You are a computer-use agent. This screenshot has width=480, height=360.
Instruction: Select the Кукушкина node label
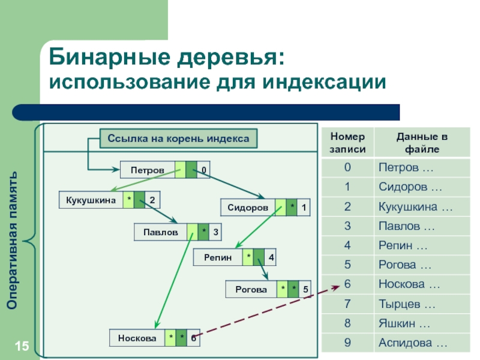91,200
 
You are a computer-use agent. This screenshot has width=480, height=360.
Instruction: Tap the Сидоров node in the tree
248,208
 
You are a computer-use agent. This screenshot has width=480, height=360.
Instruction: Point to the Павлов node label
161,232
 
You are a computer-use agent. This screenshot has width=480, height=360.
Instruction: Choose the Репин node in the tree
218,257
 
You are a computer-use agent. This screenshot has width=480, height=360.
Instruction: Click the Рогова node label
251,289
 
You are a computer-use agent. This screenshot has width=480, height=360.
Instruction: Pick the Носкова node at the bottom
137,338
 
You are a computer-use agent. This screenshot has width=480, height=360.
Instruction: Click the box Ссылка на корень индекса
178,139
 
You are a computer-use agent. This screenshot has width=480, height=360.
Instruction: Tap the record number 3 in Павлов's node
215,232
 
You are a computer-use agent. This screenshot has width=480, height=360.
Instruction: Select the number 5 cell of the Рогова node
305,289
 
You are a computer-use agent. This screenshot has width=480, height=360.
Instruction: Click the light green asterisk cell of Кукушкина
128,200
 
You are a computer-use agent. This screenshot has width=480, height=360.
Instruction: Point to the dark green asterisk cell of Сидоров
292,208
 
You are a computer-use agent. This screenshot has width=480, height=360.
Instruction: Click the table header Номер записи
347,143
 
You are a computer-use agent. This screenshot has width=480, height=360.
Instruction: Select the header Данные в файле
422,143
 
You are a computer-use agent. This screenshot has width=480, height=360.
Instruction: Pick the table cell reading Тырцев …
407,304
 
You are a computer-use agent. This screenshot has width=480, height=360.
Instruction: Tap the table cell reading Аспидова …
413,343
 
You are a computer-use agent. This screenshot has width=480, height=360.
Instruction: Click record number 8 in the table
347,323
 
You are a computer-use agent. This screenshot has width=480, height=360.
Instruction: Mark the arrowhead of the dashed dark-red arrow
338,287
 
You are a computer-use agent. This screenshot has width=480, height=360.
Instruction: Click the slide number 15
22,346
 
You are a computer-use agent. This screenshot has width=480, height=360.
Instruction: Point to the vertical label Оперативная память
12,241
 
